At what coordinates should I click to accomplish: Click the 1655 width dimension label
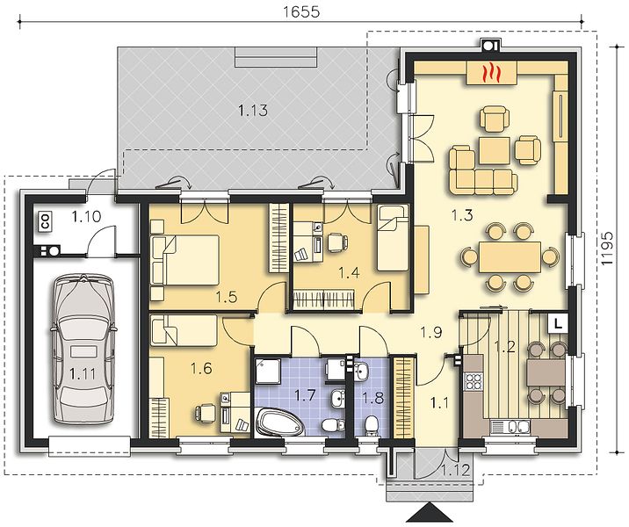point(301,11)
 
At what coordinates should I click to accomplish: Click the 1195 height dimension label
point(607,249)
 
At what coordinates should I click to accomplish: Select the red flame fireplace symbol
point(490,73)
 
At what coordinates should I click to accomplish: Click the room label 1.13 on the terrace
point(253,110)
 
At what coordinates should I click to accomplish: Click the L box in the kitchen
point(558,323)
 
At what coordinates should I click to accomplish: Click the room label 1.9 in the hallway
point(431,332)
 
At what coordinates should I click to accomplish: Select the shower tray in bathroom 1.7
point(268,370)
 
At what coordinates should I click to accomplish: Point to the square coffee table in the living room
point(495,150)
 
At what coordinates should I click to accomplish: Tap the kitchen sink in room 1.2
point(510,426)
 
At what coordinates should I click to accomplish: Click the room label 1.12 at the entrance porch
point(455,470)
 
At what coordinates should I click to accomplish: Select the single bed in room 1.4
point(393,238)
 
